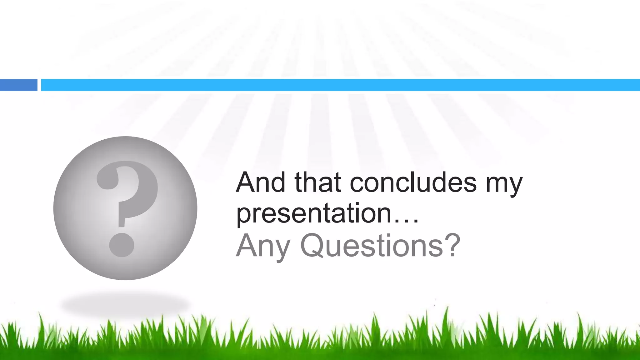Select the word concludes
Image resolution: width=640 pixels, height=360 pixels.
(413, 182)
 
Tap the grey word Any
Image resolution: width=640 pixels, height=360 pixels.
(263, 247)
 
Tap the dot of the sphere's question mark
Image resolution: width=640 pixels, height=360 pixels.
(122, 245)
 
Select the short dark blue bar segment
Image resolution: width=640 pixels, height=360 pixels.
(18, 85)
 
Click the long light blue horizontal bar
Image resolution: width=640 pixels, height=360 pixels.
(341, 85)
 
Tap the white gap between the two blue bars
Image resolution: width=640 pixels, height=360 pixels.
(39, 85)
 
